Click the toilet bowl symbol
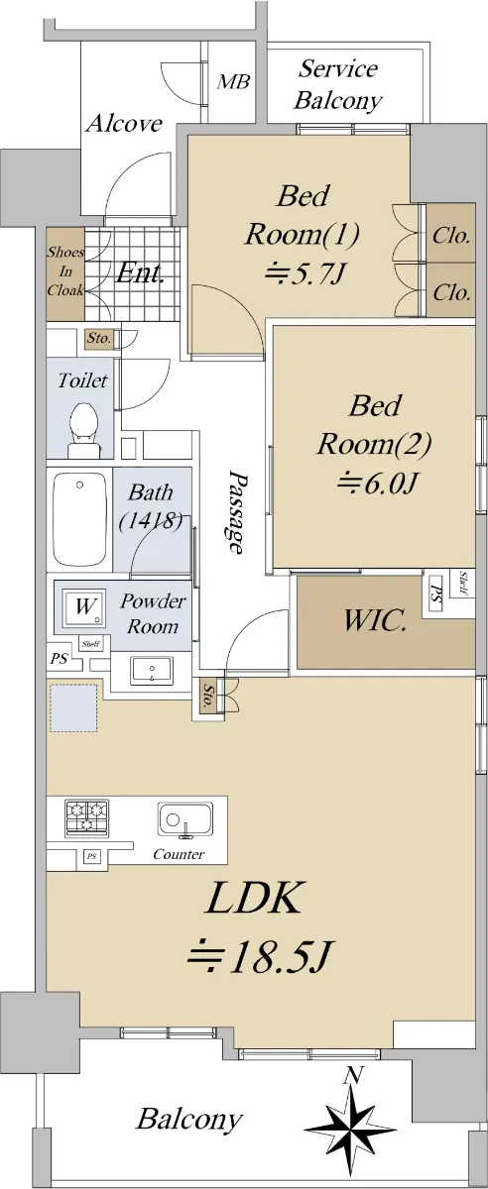point(83,430)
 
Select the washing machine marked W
point(84,607)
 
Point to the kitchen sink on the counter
point(184,821)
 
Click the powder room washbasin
point(152,671)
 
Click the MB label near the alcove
point(233,82)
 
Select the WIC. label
point(375,621)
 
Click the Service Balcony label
point(338,85)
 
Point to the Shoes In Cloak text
point(65,271)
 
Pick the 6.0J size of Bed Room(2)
point(377,484)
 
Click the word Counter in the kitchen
point(179,854)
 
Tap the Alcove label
point(124,124)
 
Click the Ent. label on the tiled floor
point(140,273)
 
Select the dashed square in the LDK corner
point(73,708)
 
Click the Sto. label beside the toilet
point(99,338)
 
